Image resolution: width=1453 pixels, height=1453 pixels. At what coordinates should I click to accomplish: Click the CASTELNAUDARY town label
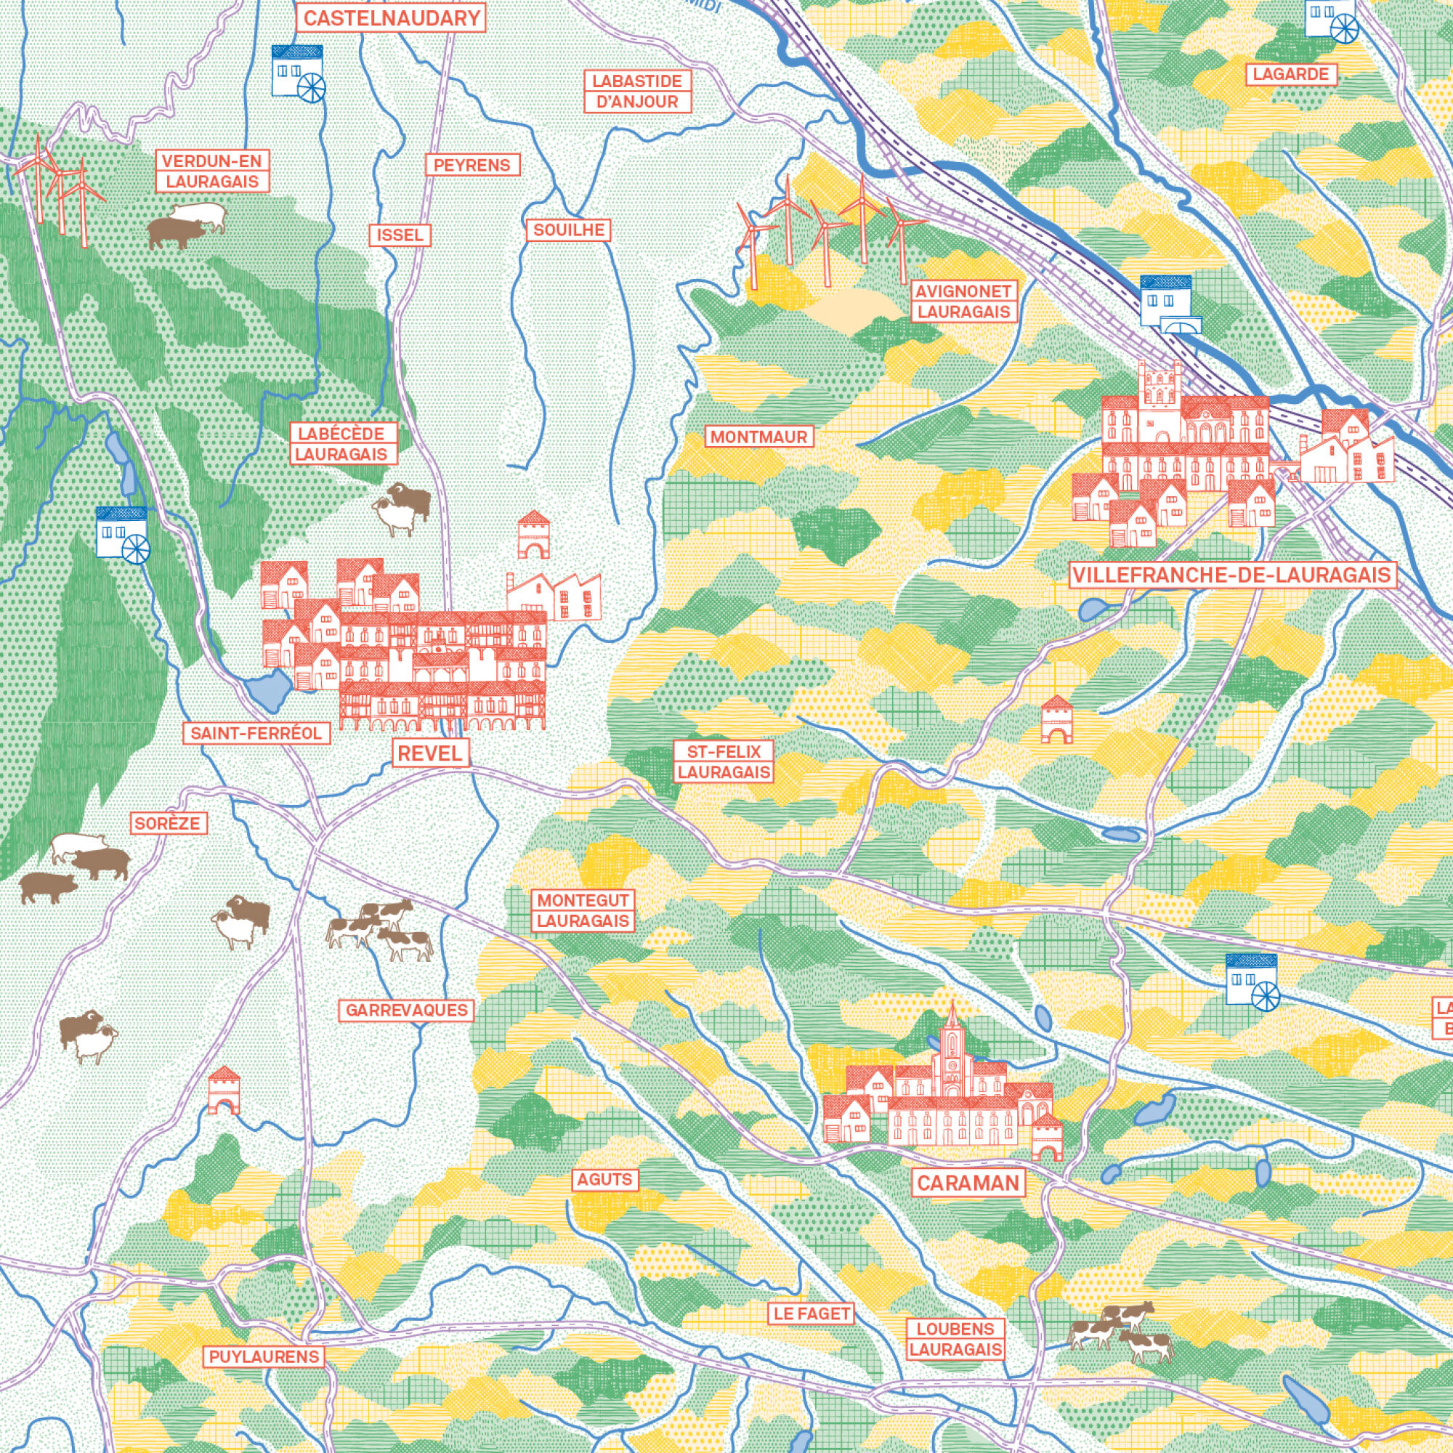pos(392,18)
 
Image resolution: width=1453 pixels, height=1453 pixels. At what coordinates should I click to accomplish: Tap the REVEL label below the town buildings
pos(431,753)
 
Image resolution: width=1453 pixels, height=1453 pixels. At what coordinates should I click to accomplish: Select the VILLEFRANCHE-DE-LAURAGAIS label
pos(1233,575)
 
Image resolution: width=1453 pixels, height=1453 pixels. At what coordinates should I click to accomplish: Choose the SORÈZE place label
pos(169,823)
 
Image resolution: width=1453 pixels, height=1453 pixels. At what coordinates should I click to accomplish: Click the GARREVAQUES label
pos(407,1010)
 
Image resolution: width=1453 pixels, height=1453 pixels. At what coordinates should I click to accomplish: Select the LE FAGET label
pos(812,1314)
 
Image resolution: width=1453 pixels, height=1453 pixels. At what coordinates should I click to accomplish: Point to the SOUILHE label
pos(569,230)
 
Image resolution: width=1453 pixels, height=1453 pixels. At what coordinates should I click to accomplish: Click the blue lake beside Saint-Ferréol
pos(269,689)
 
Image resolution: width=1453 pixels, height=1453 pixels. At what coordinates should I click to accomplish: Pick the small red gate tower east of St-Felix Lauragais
pos(1056,719)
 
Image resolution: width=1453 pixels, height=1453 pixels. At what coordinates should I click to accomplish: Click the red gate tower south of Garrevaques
pos(223,1090)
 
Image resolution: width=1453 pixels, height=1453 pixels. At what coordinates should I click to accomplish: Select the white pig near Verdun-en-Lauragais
pos(199,215)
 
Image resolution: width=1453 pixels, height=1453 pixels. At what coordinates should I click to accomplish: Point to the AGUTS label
pos(604,1179)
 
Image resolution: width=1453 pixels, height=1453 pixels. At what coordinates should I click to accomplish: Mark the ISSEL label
pos(400,235)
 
